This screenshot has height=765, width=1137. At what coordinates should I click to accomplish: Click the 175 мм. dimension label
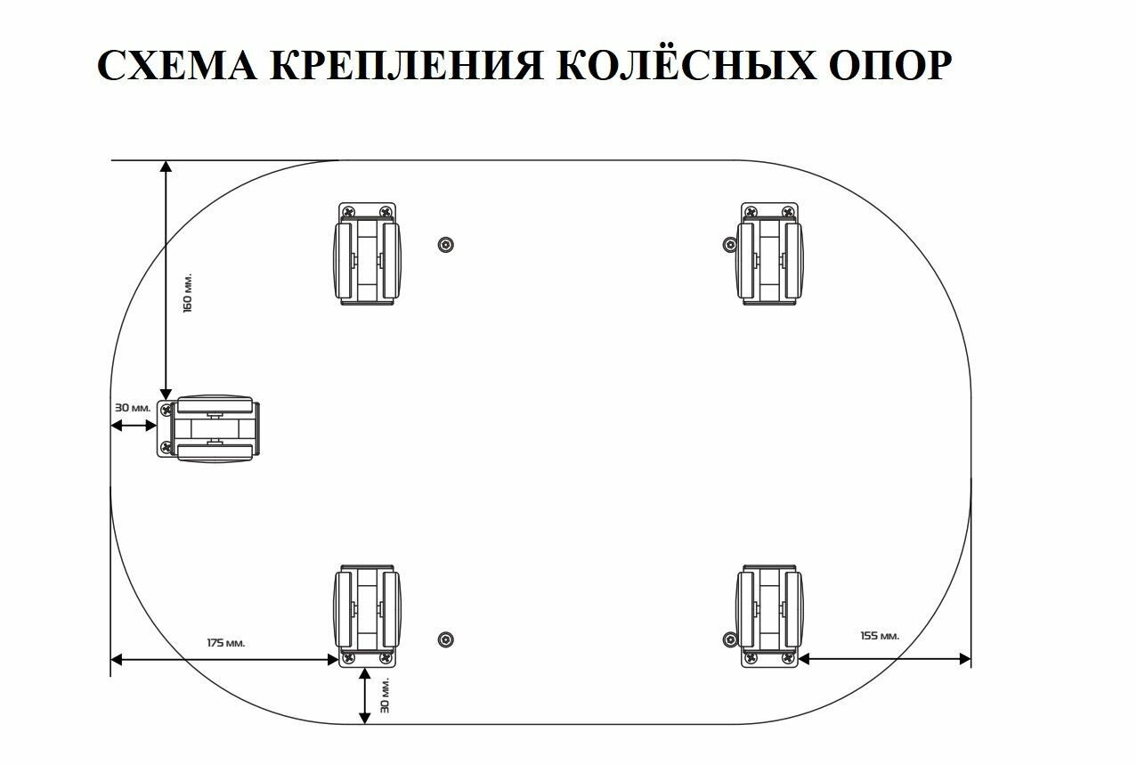(226, 642)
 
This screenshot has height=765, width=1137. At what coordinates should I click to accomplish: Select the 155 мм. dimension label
(880, 636)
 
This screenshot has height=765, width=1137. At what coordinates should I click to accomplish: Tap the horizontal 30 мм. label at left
(133, 408)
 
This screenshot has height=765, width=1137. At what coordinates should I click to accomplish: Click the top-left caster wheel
(367, 256)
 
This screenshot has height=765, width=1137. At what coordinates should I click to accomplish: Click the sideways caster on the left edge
(210, 429)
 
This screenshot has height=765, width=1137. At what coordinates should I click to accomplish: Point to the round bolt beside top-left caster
(446, 245)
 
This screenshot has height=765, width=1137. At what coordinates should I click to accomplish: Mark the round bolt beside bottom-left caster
(446, 639)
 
